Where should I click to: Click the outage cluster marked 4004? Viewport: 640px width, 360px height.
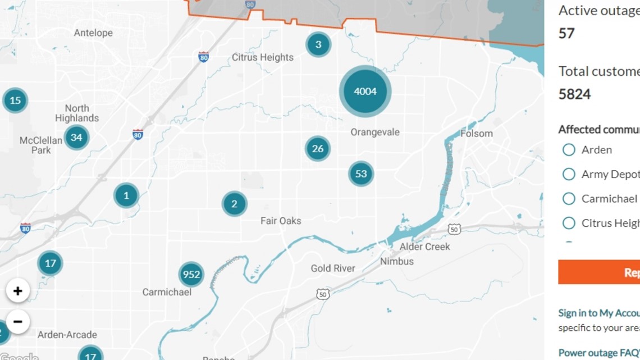point(365,91)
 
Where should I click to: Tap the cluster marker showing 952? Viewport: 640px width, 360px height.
point(191,275)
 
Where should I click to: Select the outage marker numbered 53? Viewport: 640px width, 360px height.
point(360,174)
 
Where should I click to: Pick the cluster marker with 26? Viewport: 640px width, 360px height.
point(318,149)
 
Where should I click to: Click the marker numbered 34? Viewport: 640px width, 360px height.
point(76,137)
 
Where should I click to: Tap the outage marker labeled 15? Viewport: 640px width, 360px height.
point(15,101)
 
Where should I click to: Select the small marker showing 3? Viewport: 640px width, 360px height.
point(318,44)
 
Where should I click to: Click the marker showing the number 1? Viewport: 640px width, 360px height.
point(126,195)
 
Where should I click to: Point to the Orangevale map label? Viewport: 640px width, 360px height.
point(375,133)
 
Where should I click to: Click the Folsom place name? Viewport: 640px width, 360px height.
point(477,134)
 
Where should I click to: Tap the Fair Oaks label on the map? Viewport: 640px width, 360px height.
point(281,221)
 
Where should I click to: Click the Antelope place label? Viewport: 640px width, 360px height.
point(93,33)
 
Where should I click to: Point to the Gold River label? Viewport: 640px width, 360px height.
point(333,268)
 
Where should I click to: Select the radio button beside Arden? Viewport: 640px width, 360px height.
point(569,150)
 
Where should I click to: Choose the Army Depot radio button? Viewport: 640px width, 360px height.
point(569,174)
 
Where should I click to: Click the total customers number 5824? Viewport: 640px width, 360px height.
point(574,94)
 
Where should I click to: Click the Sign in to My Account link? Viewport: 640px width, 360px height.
point(598,313)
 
